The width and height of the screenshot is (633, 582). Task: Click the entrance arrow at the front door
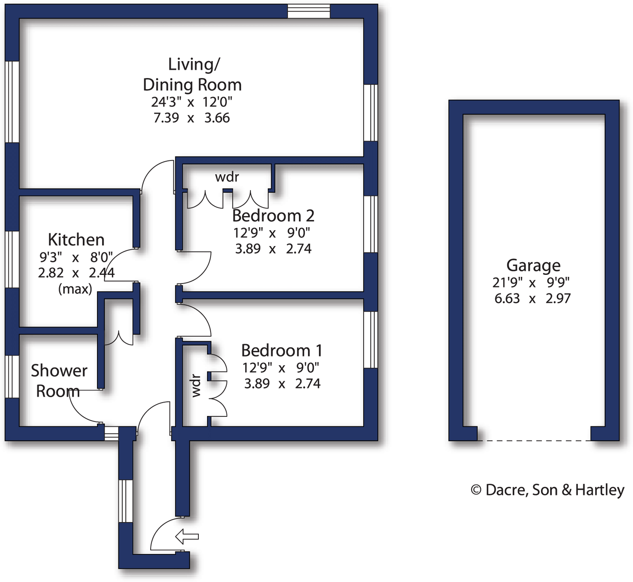coord(187,536)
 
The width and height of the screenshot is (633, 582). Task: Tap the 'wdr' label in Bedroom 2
coord(227,177)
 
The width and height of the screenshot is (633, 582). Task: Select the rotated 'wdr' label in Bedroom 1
coord(196,385)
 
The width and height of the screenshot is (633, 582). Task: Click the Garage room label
coord(533,265)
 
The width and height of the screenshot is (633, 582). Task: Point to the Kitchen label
coord(76,239)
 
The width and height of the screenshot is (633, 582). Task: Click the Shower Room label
coord(59,381)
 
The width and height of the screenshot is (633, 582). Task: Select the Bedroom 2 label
coord(273,216)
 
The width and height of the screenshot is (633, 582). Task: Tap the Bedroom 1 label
coord(282,350)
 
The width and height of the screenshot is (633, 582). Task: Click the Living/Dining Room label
coord(192,74)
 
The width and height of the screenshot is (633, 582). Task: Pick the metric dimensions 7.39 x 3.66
coord(191,118)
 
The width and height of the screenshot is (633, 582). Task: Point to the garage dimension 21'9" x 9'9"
coord(531,283)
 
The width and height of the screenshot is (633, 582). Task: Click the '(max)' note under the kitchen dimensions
coord(75,289)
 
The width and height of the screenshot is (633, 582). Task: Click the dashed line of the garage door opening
coord(534,441)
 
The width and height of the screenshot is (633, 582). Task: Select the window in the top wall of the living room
coord(308,11)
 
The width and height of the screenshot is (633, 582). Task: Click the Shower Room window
coord(12,377)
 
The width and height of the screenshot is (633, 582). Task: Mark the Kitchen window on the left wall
coord(12,259)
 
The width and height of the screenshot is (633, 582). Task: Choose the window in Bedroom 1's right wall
coord(371,340)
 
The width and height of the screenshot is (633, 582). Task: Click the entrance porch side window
coord(126,501)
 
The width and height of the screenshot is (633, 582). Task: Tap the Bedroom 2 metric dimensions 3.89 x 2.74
coord(273,249)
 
